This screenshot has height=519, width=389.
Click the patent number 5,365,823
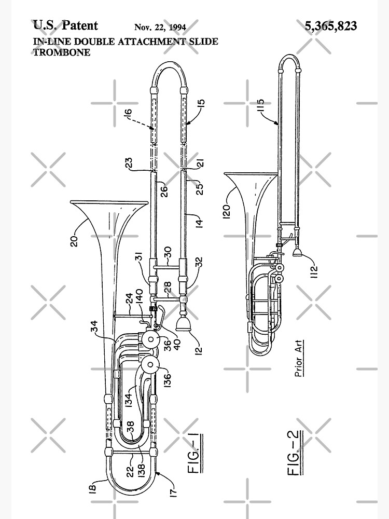(x=330, y=26)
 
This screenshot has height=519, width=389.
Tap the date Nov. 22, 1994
(x=160, y=27)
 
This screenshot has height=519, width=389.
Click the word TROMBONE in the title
(x=62, y=52)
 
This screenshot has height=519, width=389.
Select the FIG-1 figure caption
(x=195, y=453)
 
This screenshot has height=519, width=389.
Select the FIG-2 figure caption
(x=295, y=453)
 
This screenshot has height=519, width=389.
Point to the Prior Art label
(x=298, y=358)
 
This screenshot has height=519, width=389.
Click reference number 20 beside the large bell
(x=74, y=241)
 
